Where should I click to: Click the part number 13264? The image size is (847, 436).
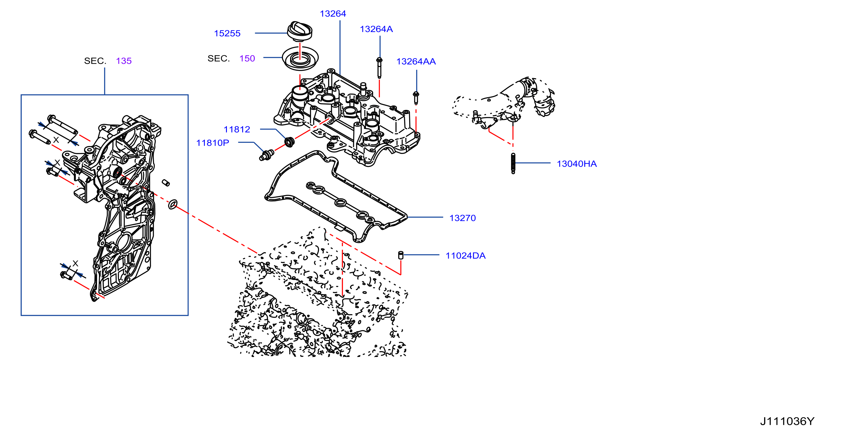click(x=333, y=14)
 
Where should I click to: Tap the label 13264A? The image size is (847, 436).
click(x=376, y=29)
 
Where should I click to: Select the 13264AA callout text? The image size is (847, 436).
click(x=416, y=61)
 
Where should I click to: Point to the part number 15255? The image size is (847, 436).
click(x=227, y=33)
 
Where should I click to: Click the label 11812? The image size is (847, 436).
click(x=237, y=130)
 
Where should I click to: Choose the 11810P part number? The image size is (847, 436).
click(x=212, y=143)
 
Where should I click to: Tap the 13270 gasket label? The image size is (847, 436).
click(x=462, y=218)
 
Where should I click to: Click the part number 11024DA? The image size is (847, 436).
click(x=465, y=256)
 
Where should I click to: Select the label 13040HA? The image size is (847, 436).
click(x=576, y=164)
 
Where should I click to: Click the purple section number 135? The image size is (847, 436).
click(x=124, y=61)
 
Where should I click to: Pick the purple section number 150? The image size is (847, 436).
click(x=247, y=58)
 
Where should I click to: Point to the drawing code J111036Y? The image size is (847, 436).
click(x=787, y=421)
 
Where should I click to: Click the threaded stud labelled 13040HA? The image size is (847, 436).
click(x=513, y=163)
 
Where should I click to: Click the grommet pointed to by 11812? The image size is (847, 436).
click(x=289, y=142)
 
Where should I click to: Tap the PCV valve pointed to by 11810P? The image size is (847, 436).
click(x=266, y=155)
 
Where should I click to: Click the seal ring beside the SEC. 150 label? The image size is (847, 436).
click(x=300, y=58)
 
